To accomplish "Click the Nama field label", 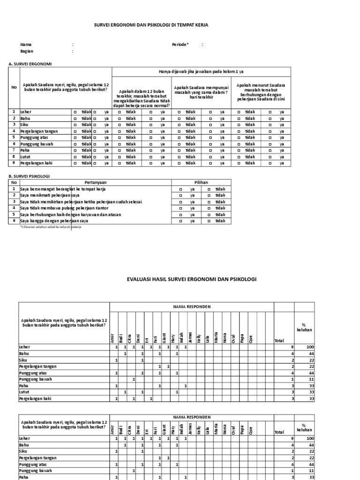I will click(26, 45).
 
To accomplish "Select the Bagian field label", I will click(27, 51).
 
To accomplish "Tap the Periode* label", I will click(180, 45).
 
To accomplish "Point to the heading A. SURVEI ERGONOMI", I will click(30, 63).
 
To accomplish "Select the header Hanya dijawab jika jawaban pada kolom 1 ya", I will click(201, 71).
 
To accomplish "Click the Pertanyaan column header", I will click(95, 182).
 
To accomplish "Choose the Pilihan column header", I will click(201, 182).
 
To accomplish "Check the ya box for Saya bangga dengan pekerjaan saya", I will click(180, 220).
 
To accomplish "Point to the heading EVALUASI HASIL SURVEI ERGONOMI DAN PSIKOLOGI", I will click(192, 279).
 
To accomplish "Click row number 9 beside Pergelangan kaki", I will click(14, 163).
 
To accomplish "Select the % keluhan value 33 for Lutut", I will click(310, 391).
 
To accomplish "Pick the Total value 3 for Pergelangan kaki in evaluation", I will click(292, 398).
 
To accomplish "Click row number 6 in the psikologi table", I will click(14, 220).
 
